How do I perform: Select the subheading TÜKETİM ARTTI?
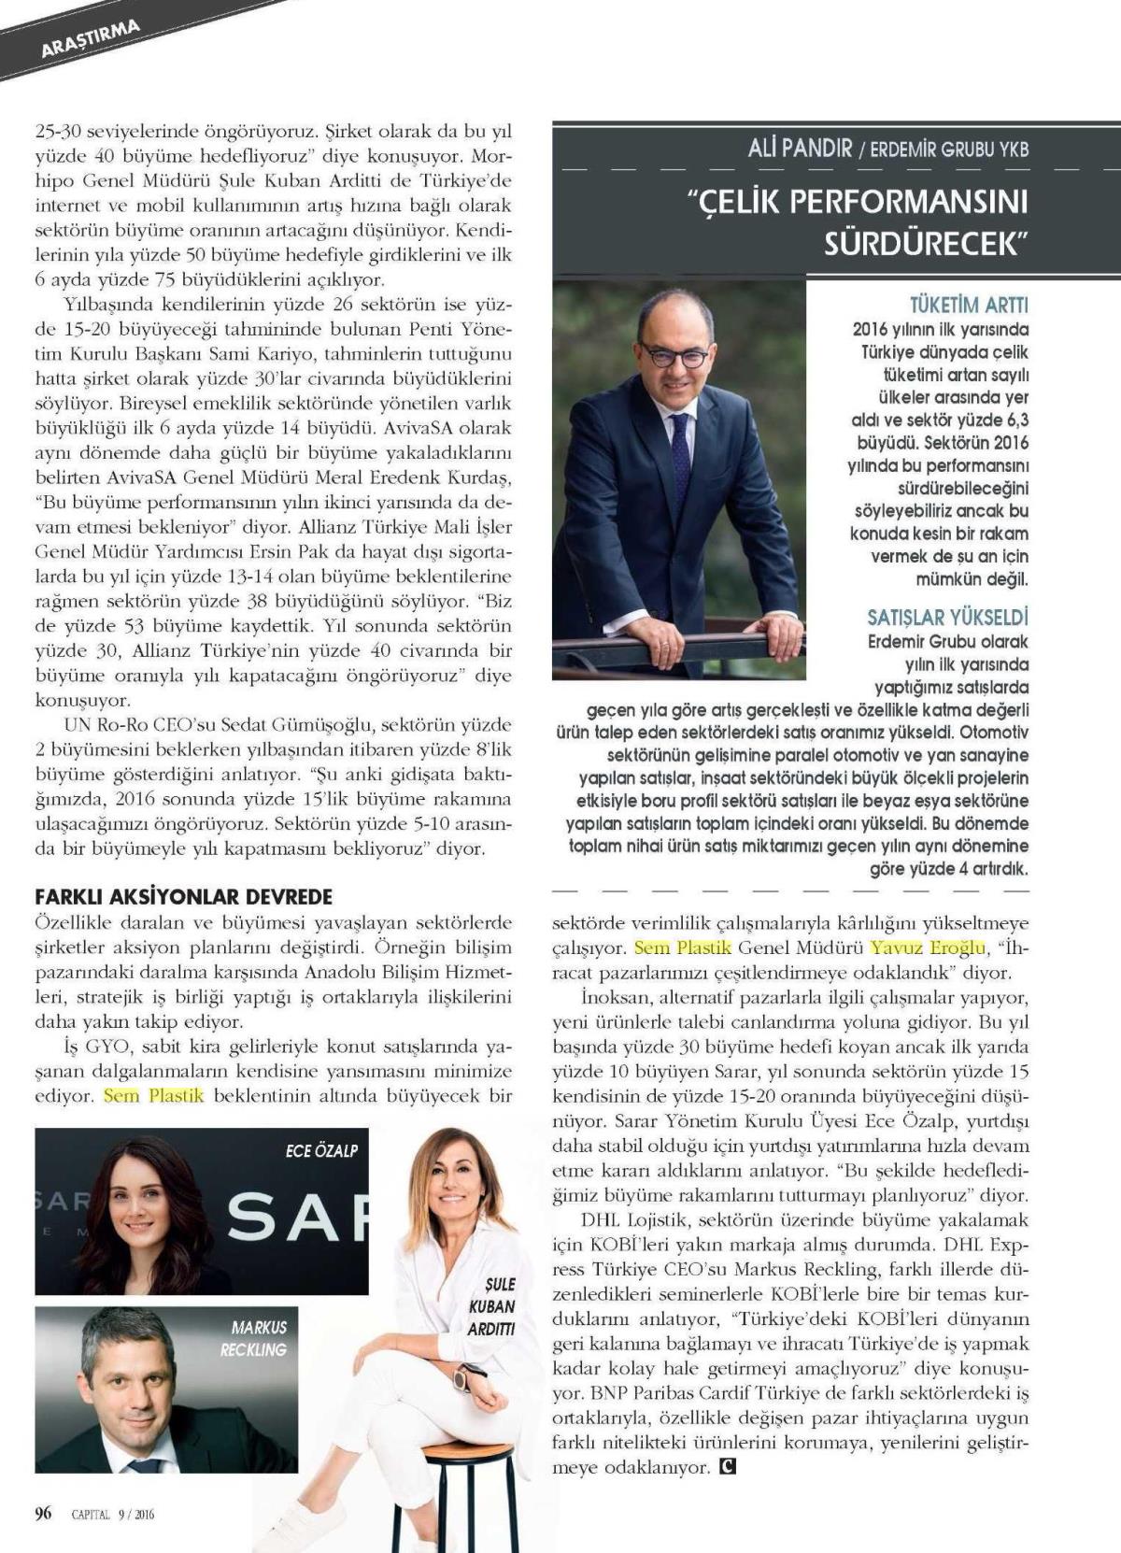point(969,306)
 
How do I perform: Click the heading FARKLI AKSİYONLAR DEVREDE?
point(183,897)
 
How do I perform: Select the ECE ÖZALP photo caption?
point(322,1151)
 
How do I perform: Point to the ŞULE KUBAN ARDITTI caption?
point(491,1306)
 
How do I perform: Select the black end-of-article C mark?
point(728,1467)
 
